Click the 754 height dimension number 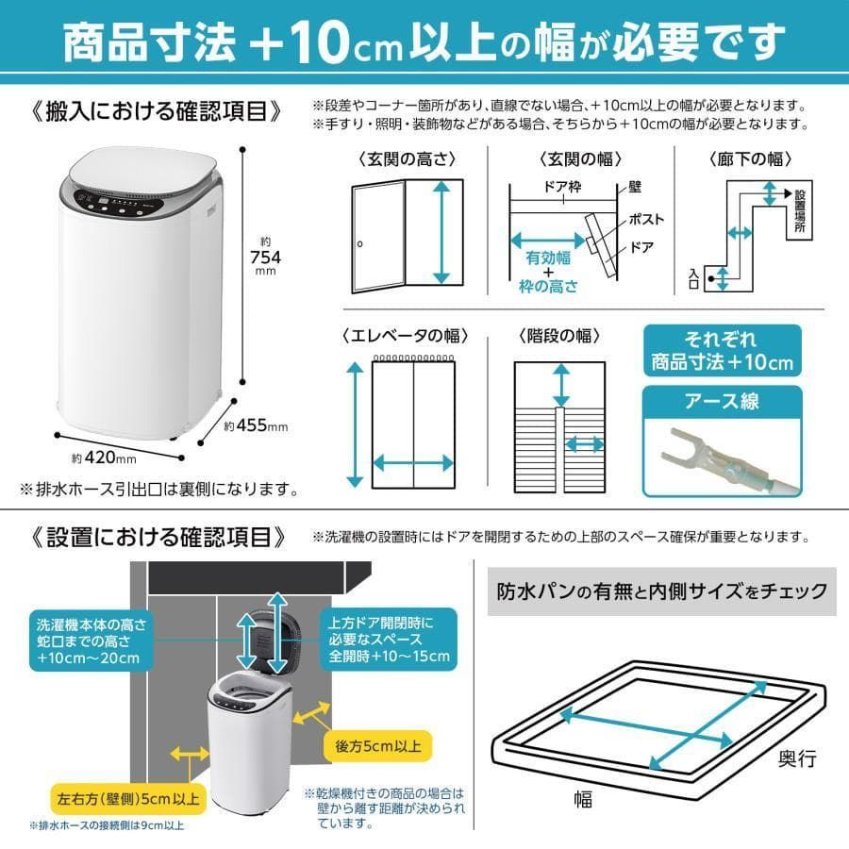(x=266, y=257)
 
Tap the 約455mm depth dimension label (x=257, y=426)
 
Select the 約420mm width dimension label (x=104, y=458)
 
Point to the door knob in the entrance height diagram (x=359, y=244)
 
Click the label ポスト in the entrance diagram (x=644, y=219)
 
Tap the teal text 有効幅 (x=546, y=258)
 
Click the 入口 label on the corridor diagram (x=694, y=277)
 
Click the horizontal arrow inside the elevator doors (x=413, y=462)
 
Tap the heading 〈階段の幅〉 (x=559, y=335)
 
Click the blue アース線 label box (x=722, y=401)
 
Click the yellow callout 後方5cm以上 (x=377, y=745)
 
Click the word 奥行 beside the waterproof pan (x=796, y=758)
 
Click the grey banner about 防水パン (x=662, y=591)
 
